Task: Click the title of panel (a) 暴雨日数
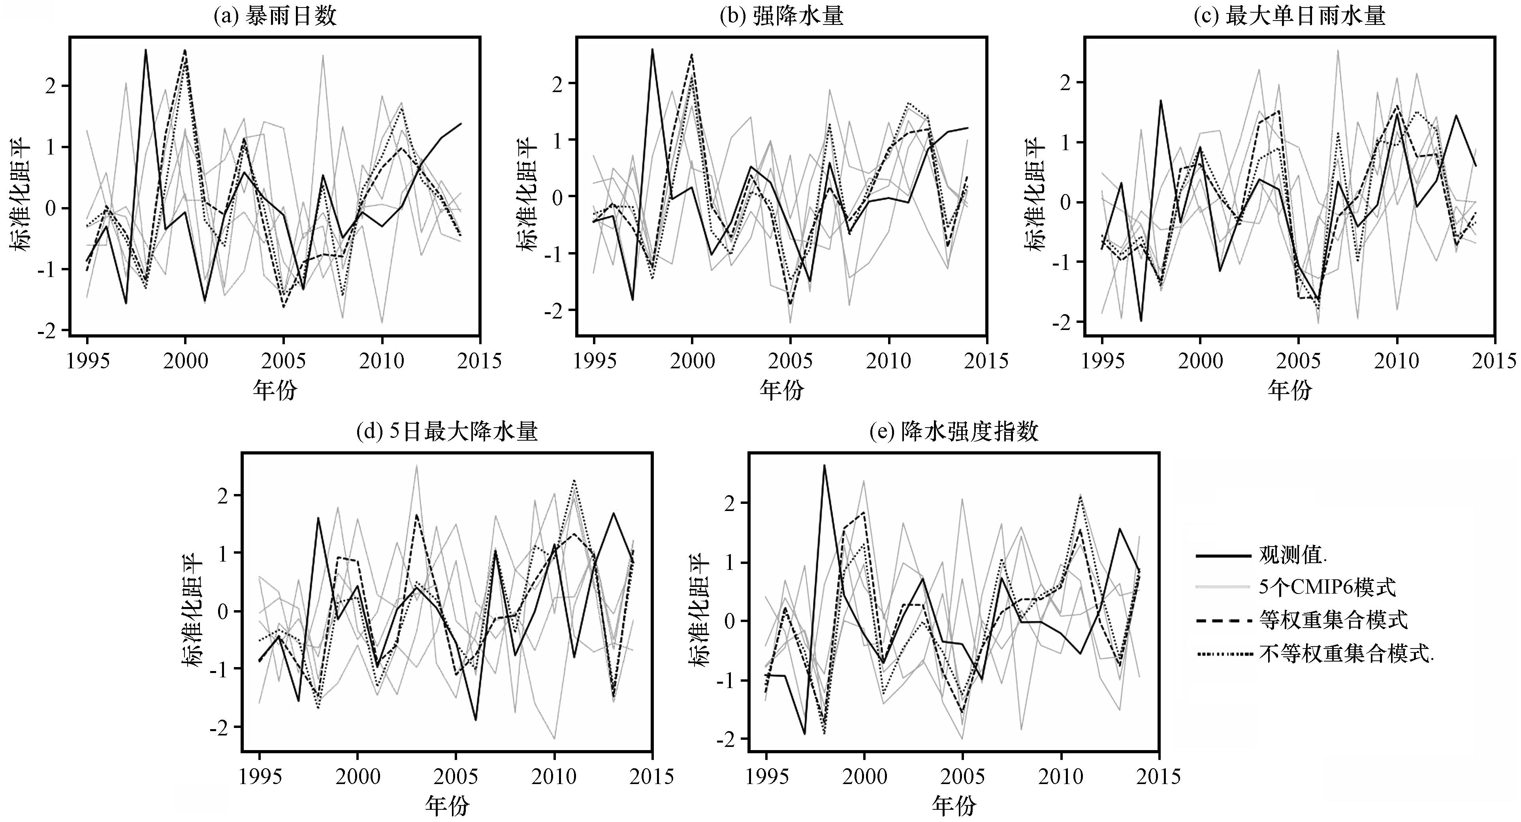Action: (275, 16)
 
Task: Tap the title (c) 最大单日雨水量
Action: (1289, 16)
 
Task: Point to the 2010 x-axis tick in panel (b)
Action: (889, 360)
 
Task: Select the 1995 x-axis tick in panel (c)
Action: (1102, 360)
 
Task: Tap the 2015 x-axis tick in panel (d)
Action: (652, 776)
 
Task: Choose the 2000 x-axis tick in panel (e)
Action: (864, 776)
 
